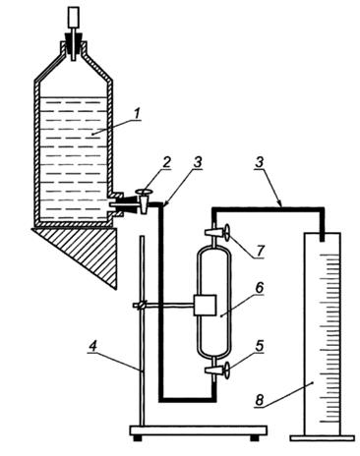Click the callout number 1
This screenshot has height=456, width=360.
[137, 114]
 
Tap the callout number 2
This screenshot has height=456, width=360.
[167, 163]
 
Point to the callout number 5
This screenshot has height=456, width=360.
[260, 346]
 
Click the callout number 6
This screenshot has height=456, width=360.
[260, 288]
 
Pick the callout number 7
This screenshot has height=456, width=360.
[260, 252]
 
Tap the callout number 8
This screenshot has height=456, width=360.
[260, 400]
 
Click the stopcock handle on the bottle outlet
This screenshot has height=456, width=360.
[145, 193]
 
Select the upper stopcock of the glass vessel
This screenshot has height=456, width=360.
[216, 232]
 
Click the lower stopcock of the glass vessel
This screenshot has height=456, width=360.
[216, 370]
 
